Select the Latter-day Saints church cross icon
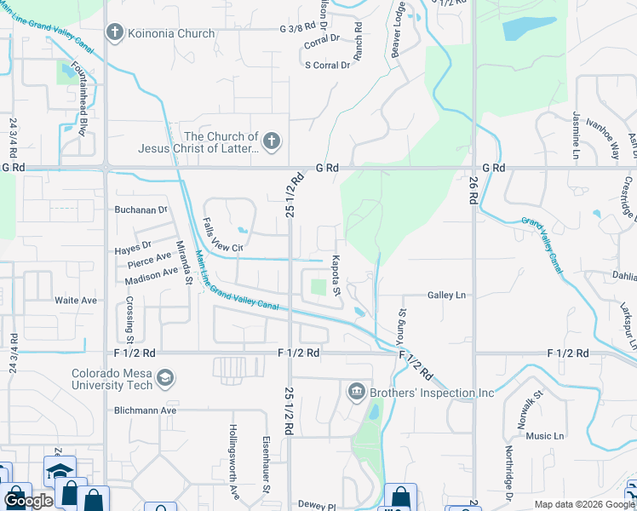(x=271, y=142)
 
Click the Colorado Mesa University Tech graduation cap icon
(x=165, y=378)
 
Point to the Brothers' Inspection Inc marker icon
(x=356, y=393)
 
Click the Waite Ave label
(x=77, y=301)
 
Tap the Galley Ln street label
(x=446, y=296)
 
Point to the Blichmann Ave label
(x=146, y=410)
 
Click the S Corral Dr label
(x=328, y=65)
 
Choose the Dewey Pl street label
(x=317, y=504)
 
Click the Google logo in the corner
(x=28, y=501)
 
